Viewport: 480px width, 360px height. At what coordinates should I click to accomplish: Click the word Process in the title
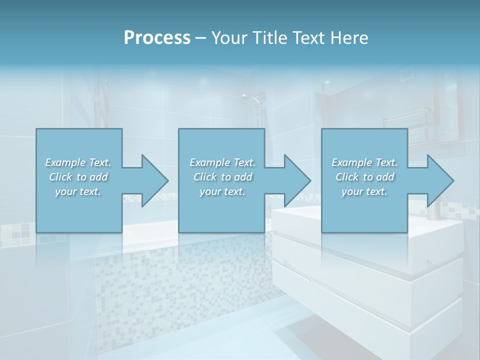(x=157, y=37)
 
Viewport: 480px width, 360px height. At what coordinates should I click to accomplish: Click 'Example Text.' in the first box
(x=78, y=162)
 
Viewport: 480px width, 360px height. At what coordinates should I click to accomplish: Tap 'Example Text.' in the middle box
(x=222, y=162)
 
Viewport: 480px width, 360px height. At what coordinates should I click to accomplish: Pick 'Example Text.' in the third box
(x=364, y=162)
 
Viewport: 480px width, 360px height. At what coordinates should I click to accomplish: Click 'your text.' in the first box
(x=78, y=191)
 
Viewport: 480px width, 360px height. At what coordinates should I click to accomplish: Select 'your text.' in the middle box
(x=222, y=191)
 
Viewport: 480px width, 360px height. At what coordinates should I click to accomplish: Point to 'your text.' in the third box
(x=364, y=191)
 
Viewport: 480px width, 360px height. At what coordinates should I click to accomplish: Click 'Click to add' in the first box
(x=78, y=177)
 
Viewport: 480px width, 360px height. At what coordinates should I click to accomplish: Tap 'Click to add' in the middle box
(x=222, y=177)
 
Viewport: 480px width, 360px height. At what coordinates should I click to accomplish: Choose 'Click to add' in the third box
(x=364, y=177)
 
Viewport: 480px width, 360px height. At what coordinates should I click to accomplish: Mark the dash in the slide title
(x=200, y=38)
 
